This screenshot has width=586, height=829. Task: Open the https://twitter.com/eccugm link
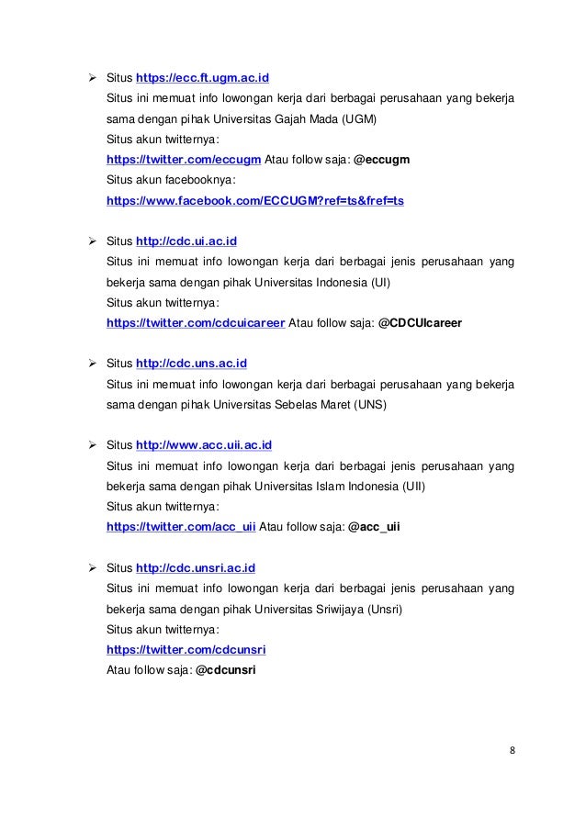[x=184, y=159]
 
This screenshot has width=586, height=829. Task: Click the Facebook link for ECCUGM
[x=255, y=200]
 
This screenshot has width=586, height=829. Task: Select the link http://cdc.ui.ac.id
[x=186, y=241]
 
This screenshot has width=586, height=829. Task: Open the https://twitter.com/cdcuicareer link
[x=196, y=324]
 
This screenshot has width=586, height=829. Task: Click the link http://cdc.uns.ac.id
[x=192, y=364]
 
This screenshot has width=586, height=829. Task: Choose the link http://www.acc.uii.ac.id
[x=204, y=447]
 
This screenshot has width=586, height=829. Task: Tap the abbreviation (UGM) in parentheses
[x=360, y=118]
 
